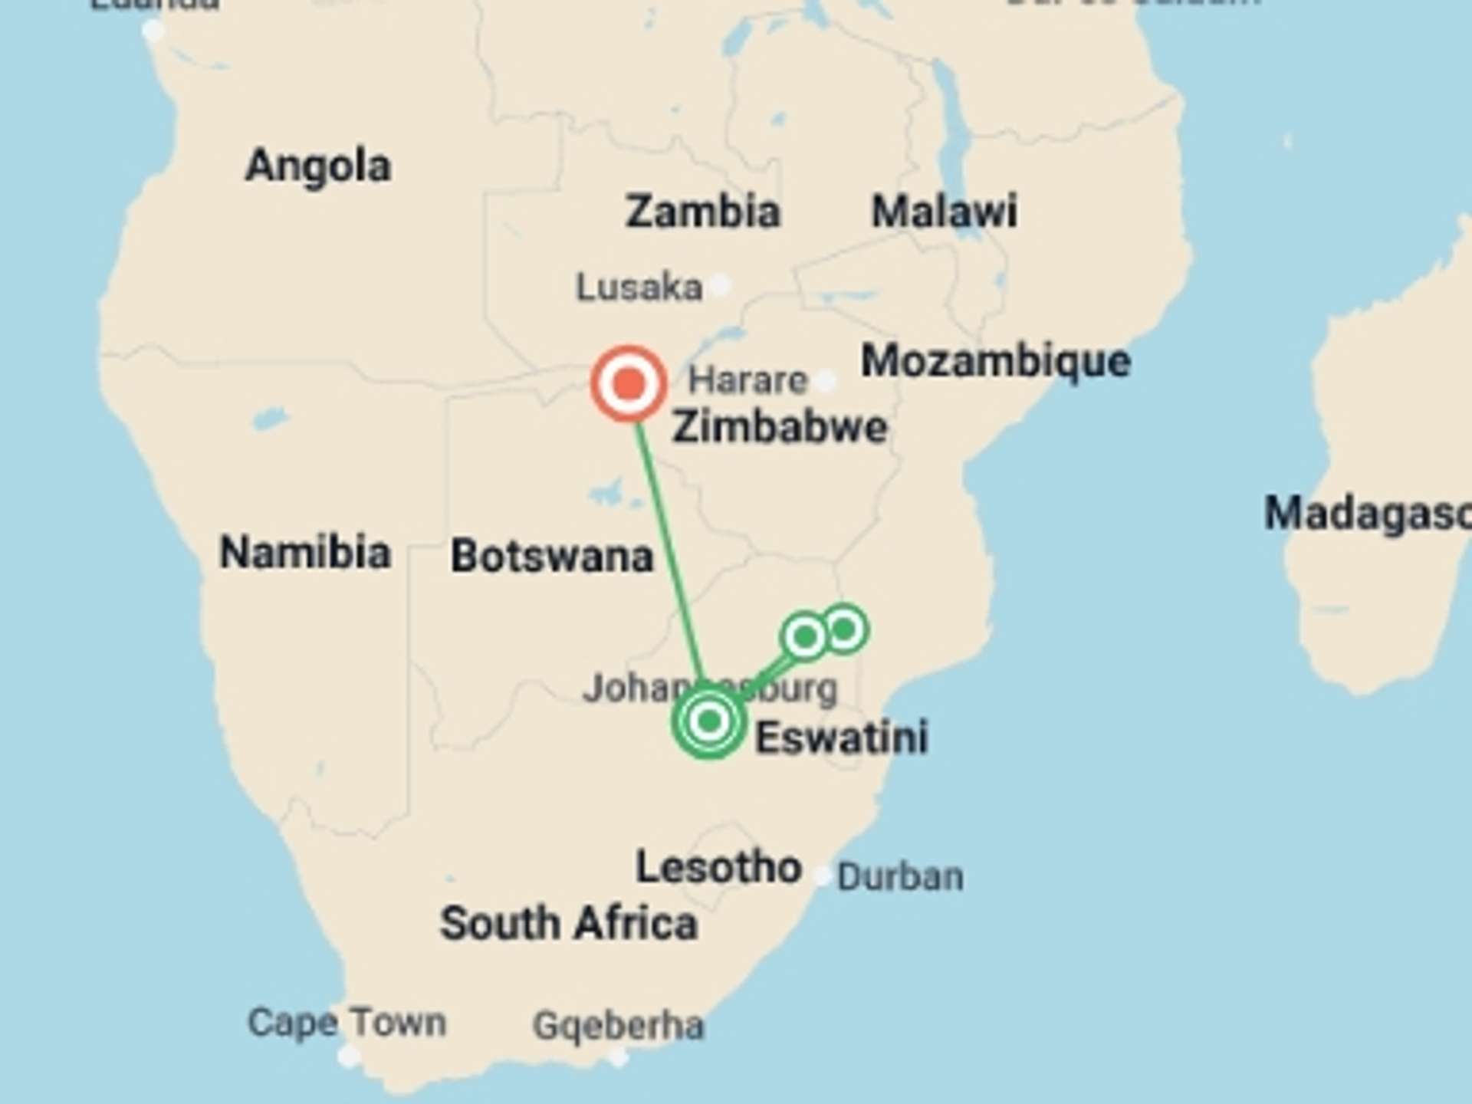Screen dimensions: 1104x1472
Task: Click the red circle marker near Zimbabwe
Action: point(628,383)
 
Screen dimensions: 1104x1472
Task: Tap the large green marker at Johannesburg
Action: point(709,721)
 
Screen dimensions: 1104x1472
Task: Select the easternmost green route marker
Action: point(844,629)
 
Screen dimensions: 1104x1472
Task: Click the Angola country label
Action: point(318,166)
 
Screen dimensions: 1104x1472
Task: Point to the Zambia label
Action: point(702,212)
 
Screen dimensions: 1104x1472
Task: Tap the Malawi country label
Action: point(945,211)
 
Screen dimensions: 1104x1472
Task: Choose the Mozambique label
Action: point(995,360)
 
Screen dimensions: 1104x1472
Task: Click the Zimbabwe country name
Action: point(780,427)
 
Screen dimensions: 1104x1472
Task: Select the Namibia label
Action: point(305,552)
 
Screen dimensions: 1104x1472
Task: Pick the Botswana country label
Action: point(552,556)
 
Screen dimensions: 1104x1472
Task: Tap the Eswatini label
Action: point(842,738)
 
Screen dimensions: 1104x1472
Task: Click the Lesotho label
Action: point(718,868)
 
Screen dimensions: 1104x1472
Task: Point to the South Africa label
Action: point(569,923)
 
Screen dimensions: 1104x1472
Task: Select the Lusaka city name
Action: point(639,287)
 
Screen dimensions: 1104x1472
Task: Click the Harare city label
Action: point(747,380)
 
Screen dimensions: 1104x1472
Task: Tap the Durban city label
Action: point(900,876)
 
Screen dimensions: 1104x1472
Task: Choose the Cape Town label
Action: point(347,1023)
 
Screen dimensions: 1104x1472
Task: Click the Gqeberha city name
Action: point(618,1026)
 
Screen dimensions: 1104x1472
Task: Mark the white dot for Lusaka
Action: point(719,286)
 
